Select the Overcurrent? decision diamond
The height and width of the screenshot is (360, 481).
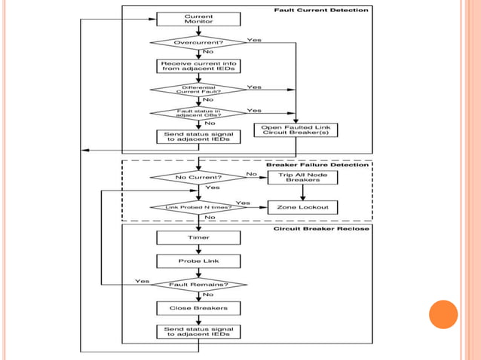pos(198,43)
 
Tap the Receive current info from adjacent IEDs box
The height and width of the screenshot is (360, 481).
pos(198,66)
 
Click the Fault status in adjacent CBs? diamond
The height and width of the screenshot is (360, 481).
pos(198,113)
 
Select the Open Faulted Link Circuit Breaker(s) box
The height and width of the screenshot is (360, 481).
pos(296,130)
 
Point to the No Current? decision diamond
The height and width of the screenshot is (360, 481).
pos(198,178)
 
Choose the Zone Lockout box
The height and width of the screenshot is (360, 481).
pos(302,206)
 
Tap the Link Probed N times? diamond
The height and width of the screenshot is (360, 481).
pos(198,206)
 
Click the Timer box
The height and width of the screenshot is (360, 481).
pos(198,237)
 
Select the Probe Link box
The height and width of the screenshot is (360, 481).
pos(198,261)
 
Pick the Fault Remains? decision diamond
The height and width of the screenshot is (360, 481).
pos(198,284)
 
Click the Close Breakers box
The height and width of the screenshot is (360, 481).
pos(198,307)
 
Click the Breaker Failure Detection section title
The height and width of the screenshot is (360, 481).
pos(329,165)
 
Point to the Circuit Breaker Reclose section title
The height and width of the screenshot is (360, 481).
pos(321,228)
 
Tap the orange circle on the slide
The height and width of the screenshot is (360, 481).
pos(443,314)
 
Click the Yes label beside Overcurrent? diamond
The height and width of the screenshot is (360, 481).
pos(254,40)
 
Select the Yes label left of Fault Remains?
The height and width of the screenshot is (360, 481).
pos(142,281)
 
